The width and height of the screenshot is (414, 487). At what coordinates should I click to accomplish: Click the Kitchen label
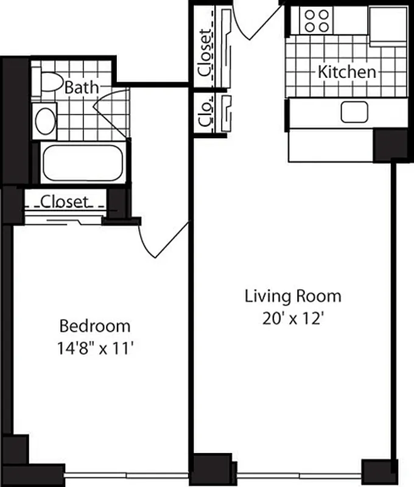[x=346, y=72]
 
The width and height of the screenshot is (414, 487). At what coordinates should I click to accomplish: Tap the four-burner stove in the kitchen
[x=317, y=21]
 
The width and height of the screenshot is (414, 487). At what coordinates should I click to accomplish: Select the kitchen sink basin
[x=354, y=112]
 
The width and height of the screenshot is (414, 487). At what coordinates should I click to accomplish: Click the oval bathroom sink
[x=46, y=121]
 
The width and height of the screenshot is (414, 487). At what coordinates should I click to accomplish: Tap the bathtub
[x=82, y=163]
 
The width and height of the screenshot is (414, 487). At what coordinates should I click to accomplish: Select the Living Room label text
[x=293, y=296]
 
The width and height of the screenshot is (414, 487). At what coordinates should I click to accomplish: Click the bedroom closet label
[x=65, y=200]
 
